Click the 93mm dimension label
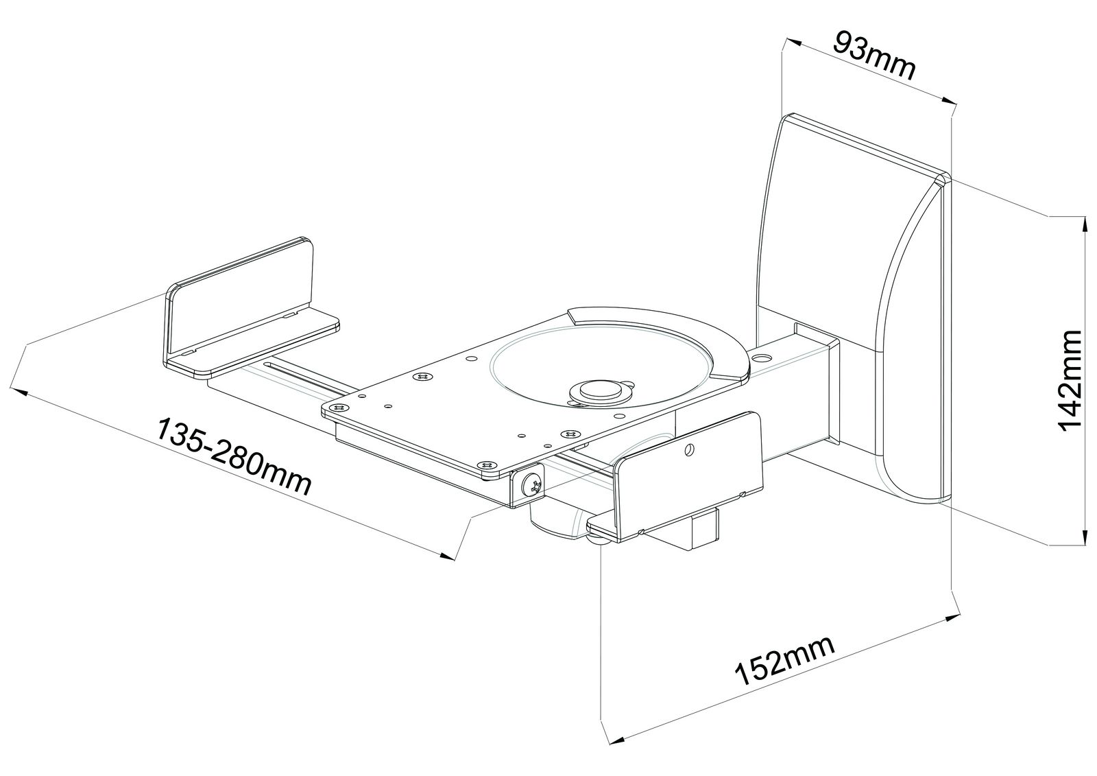click(874, 56)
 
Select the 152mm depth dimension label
click(785, 660)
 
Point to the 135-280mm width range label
click(234, 456)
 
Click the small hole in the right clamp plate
click(690, 448)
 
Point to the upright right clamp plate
click(689, 470)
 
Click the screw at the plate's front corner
click(486, 464)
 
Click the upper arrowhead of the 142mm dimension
click(1081, 223)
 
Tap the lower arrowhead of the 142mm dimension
click(1081, 537)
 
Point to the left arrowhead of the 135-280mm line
click(18, 392)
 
